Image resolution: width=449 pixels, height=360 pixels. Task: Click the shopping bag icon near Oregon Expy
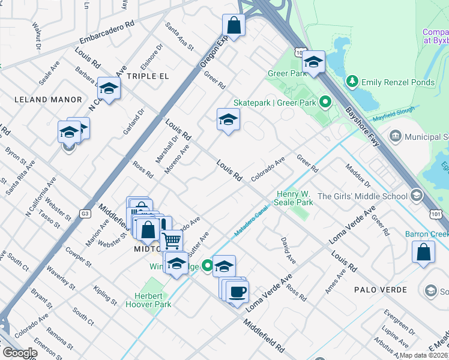click(234, 26)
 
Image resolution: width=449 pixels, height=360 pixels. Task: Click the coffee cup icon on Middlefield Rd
click(238, 292)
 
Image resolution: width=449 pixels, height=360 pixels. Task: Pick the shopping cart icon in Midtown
click(172, 241)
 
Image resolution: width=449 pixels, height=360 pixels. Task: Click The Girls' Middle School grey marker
click(416, 196)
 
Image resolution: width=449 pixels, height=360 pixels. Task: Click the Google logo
click(19, 353)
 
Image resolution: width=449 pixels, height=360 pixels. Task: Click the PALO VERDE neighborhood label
click(377, 290)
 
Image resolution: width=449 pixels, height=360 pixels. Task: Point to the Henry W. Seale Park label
click(295, 198)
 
